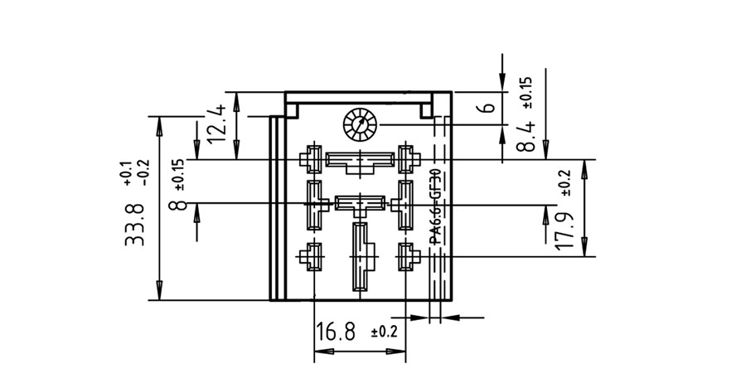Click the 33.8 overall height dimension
(134, 224)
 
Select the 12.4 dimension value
(216, 124)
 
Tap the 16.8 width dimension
(336, 332)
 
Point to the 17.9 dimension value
(564, 231)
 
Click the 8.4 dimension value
(526, 136)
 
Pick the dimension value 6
(488, 107)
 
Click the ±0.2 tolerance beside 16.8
(384, 332)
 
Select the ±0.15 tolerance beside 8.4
(528, 93)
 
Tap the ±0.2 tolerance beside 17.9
(565, 183)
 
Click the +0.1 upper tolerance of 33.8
(127, 175)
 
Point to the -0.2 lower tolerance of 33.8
(143, 172)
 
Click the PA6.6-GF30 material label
(435, 207)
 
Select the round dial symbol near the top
(361, 124)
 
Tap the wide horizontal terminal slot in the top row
(360, 162)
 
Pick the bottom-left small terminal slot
(312, 257)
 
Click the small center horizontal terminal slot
(361, 205)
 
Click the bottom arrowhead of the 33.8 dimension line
(159, 290)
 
